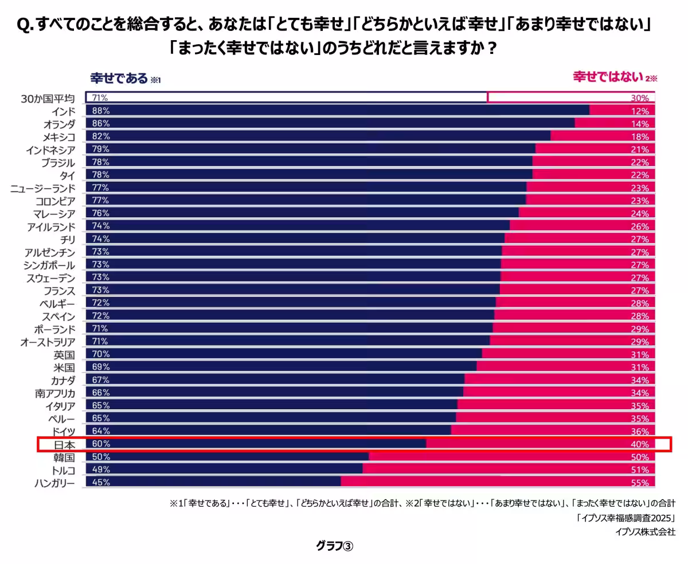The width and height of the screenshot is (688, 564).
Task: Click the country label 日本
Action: [x=64, y=444]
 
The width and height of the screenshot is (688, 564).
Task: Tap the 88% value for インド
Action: [x=101, y=111]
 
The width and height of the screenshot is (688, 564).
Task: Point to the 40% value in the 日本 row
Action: [x=640, y=445]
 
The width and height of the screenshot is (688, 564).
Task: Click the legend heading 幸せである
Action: [x=119, y=78]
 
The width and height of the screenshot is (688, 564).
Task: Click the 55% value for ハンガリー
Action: [x=640, y=483]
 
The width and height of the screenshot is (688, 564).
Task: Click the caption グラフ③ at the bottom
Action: [x=335, y=546]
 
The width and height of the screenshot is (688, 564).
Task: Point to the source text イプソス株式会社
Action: [x=645, y=531]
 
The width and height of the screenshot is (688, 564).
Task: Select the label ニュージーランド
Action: [x=43, y=188]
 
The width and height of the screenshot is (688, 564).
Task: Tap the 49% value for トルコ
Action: [x=101, y=470]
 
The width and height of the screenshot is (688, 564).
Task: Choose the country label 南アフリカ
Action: [x=54, y=393]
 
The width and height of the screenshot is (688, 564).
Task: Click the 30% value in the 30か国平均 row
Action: [x=640, y=98]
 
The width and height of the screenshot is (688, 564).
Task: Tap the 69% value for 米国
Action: [x=101, y=367]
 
